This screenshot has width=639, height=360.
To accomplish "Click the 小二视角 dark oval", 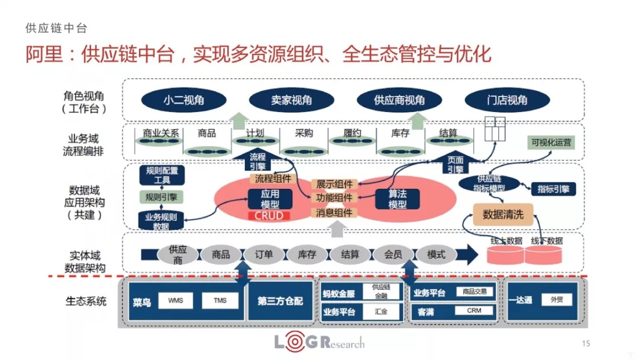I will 183,100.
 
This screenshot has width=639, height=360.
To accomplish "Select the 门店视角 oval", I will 504,100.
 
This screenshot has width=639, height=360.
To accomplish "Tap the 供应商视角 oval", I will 399,100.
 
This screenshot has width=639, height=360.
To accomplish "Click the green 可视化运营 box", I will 551,143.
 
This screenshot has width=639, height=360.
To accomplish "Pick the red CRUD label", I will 269,216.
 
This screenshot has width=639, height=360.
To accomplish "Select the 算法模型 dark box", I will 397,199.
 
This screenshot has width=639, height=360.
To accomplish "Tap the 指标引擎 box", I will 553,189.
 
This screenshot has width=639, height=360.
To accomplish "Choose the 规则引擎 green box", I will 162,196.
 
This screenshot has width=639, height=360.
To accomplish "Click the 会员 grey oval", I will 393,255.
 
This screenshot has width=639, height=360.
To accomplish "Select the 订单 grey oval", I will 264,255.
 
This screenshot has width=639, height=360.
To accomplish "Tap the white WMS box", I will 175,300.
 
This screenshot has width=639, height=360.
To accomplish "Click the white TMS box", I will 219,300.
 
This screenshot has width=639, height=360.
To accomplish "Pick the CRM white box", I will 474,310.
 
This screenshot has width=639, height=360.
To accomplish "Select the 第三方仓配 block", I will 280,301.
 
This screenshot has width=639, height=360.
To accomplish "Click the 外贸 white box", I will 556,300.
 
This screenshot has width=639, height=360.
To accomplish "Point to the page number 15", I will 586,343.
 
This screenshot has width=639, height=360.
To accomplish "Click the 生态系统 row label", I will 86,301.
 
